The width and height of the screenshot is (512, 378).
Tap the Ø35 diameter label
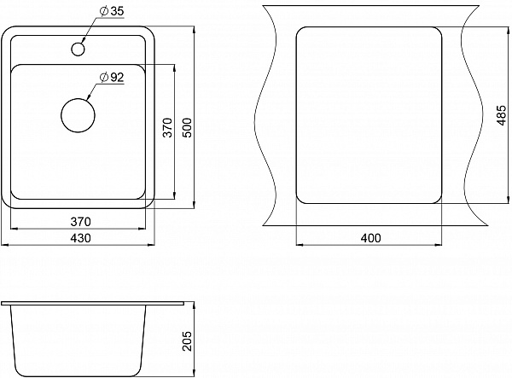[x=112, y=11]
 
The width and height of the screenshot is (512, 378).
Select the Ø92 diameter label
[x=112, y=78]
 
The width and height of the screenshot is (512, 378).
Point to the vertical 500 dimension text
[x=187, y=127]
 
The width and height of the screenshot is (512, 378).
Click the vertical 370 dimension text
[x=167, y=127]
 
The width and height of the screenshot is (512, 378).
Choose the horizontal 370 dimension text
[x=80, y=222]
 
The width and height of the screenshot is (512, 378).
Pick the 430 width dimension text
[x=80, y=238]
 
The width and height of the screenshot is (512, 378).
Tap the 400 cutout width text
[x=370, y=238]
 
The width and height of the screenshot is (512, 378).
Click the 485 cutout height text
[x=501, y=115]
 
